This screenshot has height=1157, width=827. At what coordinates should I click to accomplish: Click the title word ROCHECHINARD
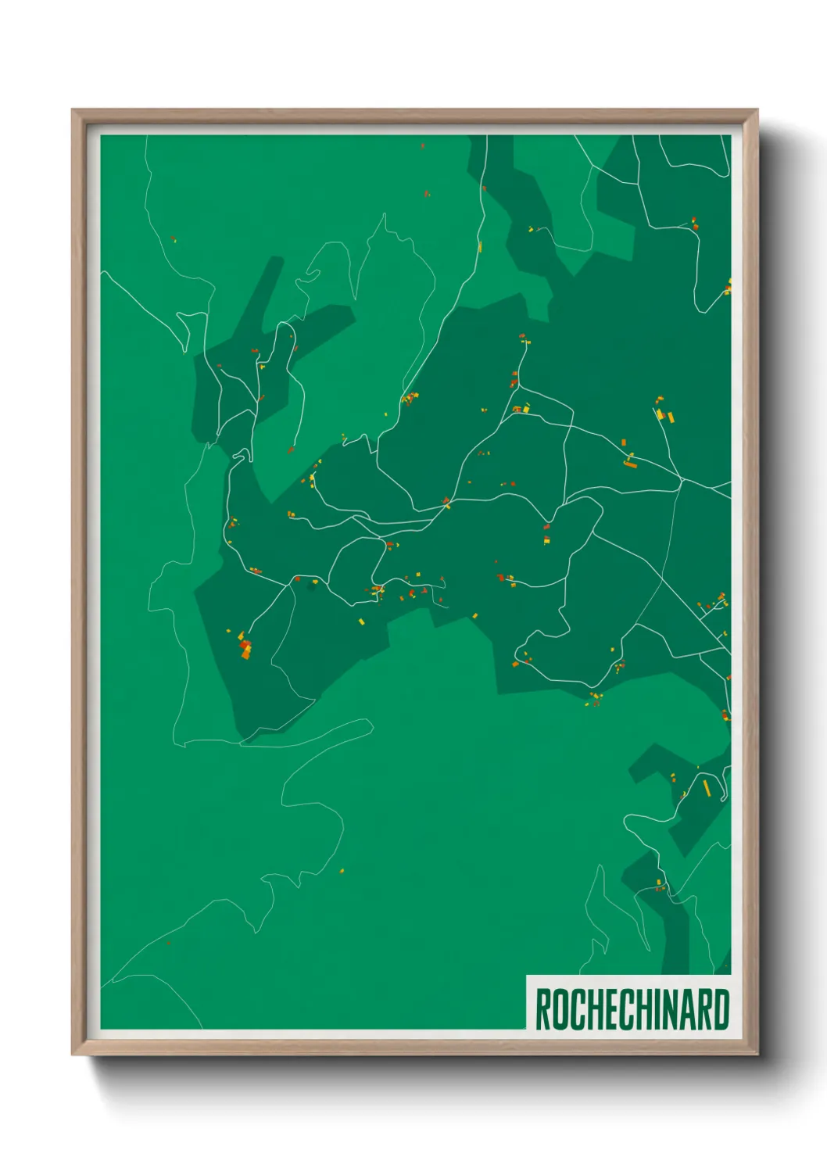point(632,1009)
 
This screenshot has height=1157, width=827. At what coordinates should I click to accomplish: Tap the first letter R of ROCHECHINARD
point(542,1009)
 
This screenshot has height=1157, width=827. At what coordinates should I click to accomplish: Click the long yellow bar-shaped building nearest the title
point(707,786)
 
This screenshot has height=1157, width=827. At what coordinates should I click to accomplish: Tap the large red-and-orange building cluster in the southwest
point(245,647)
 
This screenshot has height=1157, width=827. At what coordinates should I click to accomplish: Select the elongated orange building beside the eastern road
point(630,464)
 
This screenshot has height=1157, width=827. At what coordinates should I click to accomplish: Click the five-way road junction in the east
point(682,478)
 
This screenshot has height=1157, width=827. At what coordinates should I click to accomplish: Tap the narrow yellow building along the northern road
point(479,248)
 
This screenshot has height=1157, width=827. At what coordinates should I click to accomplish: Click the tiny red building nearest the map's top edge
point(423,146)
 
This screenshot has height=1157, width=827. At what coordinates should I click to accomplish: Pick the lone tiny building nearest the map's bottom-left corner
point(168,943)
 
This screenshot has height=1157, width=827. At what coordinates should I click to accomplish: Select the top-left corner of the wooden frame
point(73,110)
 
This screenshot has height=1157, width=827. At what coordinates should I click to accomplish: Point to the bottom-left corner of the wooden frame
point(73,1054)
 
